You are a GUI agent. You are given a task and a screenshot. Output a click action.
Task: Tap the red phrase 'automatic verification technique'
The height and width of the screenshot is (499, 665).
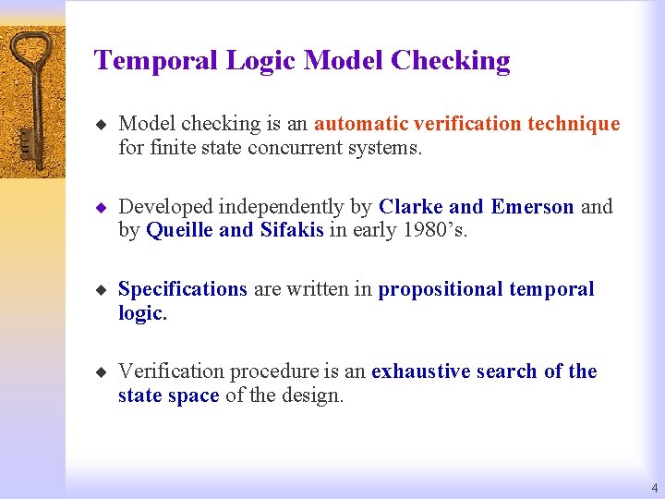tap(466, 124)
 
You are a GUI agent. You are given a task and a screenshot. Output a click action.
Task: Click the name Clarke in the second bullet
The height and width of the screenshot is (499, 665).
tap(411, 206)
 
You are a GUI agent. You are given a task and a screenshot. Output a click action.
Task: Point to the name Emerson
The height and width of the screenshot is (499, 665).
tap(532, 206)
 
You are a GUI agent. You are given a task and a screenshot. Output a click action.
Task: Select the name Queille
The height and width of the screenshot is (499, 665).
tap(179, 230)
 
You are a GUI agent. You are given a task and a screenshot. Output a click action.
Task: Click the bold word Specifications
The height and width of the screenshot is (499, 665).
tap(183, 289)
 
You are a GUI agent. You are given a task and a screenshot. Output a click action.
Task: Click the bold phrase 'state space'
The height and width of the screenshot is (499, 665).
tap(168, 396)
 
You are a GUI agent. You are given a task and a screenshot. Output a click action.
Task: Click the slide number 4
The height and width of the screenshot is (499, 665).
tap(654, 487)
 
